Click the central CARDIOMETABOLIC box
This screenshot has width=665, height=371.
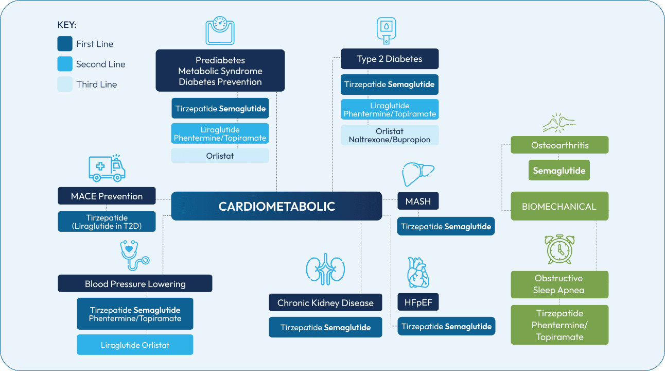pos(276,206)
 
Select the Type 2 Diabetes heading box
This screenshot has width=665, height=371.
pos(390,59)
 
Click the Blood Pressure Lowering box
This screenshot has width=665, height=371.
pos(135,283)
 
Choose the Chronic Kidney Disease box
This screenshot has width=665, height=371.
pos(325,302)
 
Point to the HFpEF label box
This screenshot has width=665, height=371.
pos(418,302)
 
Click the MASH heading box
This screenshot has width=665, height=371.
pos(418,201)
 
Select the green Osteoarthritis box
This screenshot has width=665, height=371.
pos(559,145)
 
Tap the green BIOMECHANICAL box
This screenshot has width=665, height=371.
pos(559,206)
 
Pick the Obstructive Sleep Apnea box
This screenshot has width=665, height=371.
pos(559,284)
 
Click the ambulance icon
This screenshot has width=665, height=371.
pos(107,168)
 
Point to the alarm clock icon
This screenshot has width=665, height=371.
pos(559,249)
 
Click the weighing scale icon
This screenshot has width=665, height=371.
pos(220,30)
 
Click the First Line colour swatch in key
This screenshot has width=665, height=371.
pos(65,44)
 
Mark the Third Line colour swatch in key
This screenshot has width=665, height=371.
pos(65,84)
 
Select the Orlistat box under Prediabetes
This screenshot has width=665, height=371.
pos(220,156)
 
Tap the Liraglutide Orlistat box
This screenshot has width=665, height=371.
pos(135,345)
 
